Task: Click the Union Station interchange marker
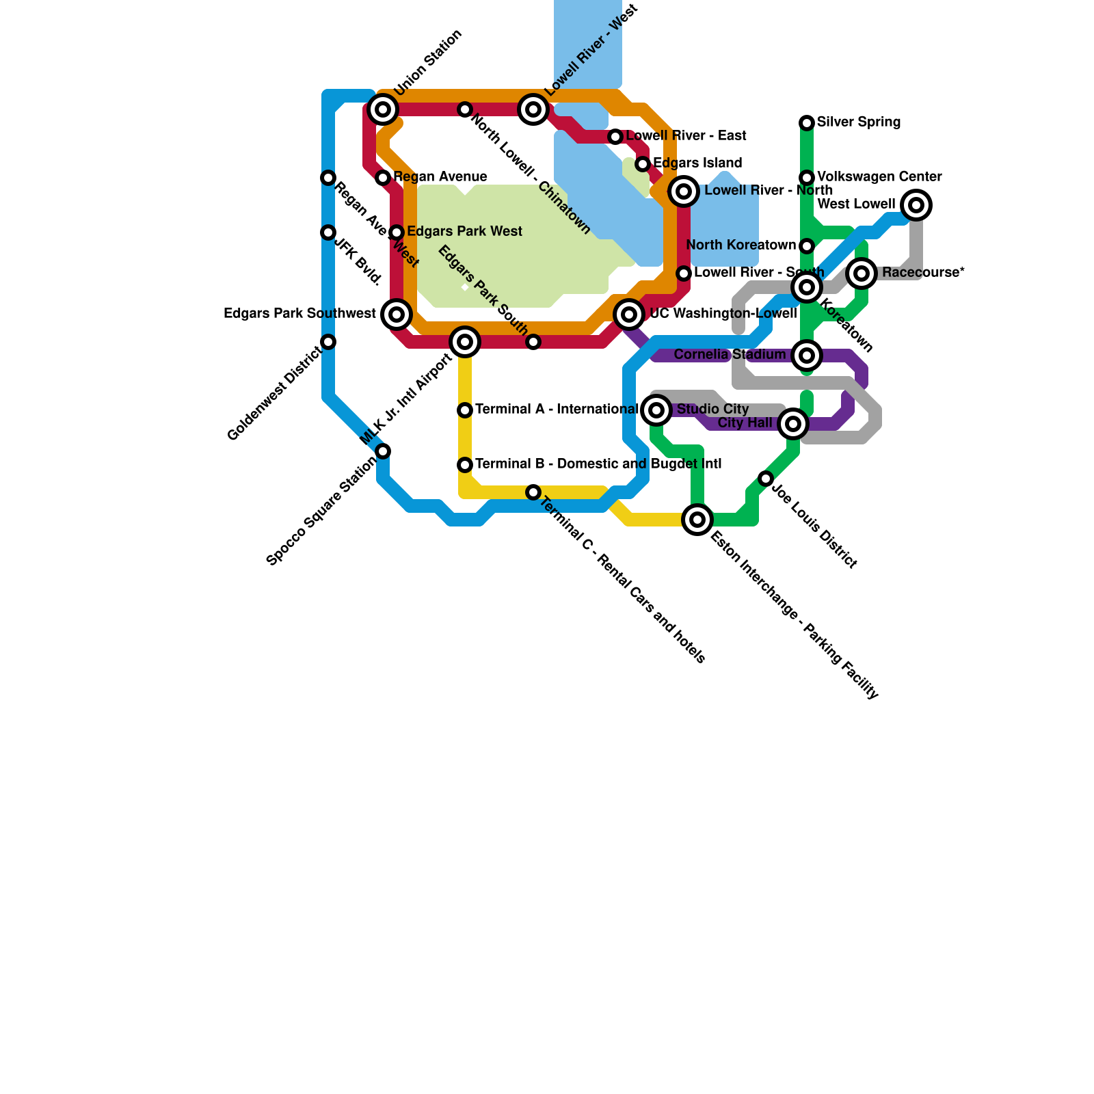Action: [383, 109]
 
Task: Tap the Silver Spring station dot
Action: [807, 123]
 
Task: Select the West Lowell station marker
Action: [916, 205]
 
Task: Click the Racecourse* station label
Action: [922, 273]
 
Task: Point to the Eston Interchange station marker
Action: [697, 520]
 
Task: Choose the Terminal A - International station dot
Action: [465, 410]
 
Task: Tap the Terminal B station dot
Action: [465, 465]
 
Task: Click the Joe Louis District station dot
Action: [766, 479]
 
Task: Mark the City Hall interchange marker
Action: [793, 424]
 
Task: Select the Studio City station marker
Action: [656, 410]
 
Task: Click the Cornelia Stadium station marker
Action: [807, 356]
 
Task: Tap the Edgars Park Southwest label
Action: [299, 314]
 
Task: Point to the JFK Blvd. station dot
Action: [328, 232]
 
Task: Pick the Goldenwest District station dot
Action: [328, 342]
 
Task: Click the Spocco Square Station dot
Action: [383, 451]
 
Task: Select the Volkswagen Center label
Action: [879, 177]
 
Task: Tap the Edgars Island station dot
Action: [643, 164]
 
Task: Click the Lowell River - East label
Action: [686, 136]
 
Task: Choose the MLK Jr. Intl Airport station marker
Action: [465, 342]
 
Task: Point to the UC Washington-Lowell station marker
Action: [629, 315]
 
